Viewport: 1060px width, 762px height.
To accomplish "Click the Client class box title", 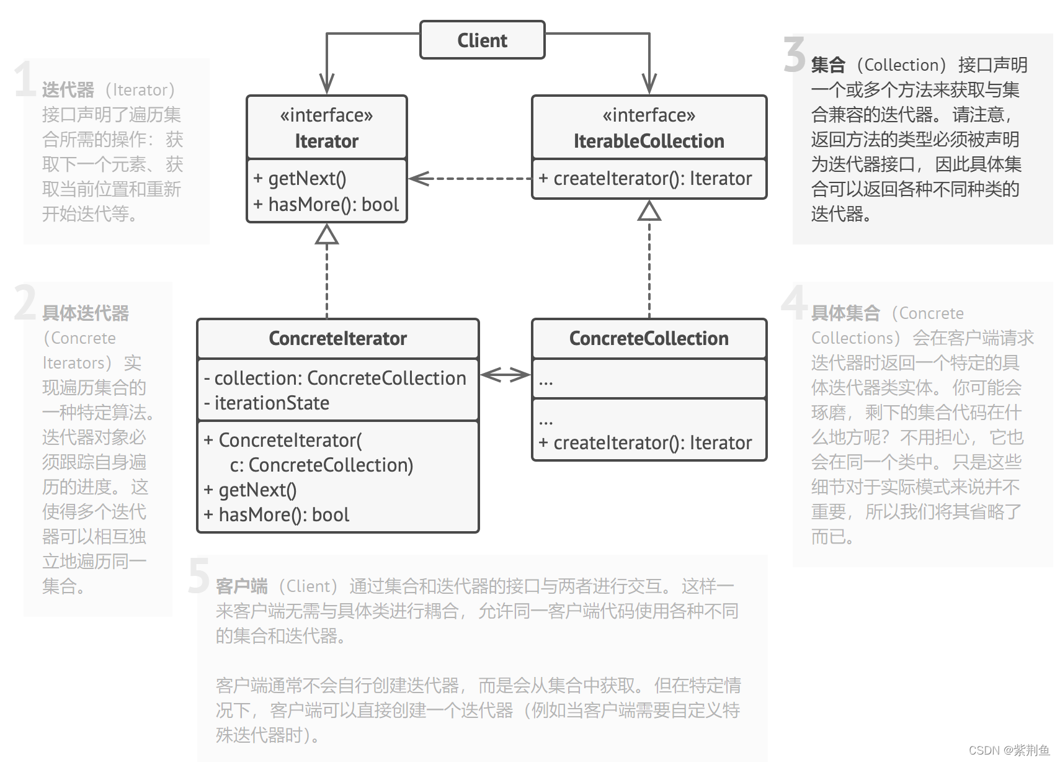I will tap(482, 41).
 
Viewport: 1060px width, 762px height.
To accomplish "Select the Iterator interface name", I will tap(326, 141).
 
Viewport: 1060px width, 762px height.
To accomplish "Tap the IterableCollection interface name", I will tap(649, 141).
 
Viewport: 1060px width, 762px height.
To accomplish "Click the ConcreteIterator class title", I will tap(337, 339).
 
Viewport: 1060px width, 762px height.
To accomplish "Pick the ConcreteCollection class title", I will tap(649, 339).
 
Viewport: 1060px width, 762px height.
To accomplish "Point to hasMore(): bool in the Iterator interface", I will tap(326, 205).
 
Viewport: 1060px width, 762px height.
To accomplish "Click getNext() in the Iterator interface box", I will tap(300, 179).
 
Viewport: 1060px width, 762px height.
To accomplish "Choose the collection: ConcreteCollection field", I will tap(335, 379).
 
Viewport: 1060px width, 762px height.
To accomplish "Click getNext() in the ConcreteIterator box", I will tap(251, 490).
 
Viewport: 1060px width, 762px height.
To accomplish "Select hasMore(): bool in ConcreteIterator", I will tap(277, 515).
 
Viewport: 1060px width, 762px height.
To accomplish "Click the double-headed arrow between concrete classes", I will tap(506, 374).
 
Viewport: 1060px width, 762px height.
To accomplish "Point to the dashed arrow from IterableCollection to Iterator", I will tap(470, 179).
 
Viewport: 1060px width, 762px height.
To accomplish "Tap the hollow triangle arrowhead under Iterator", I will tap(327, 235).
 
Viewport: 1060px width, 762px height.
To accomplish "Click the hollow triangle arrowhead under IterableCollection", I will tap(649, 211).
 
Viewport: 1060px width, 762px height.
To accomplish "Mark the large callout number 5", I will tap(198, 576).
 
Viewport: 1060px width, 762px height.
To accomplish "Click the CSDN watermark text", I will tap(1009, 750).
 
